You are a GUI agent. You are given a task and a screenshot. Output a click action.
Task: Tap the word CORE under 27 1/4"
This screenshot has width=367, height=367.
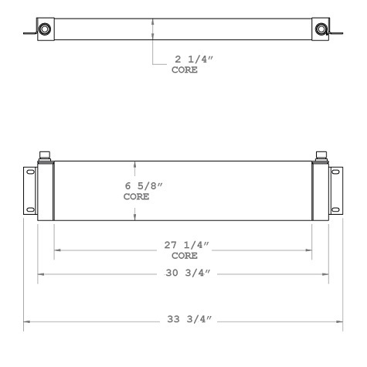click(184, 256)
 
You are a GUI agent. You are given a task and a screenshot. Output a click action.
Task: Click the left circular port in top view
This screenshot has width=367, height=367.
click(45, 29)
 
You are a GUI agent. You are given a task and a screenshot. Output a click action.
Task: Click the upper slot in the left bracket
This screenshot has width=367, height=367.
click(32, 174)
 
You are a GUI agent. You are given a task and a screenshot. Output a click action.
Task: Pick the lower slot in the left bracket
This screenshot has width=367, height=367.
click(32, 208)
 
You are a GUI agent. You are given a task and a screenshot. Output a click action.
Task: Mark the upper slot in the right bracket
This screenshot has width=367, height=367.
click(335, 174)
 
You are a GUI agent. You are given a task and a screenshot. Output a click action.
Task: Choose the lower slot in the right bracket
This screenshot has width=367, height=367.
click(335, 208)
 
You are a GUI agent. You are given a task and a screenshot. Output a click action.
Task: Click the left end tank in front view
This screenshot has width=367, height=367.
click(46, 191)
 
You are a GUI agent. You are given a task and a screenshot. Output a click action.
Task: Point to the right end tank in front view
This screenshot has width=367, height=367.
click(320, 191)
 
